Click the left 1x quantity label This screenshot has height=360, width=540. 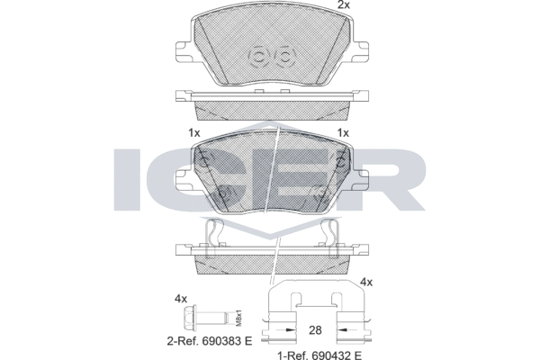(193, 132)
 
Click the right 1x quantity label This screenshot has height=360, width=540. (342, 132)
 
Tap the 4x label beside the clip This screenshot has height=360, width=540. (365, 283)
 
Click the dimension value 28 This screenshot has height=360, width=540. (313, 330)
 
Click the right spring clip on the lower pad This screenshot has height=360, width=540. (329, 237)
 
